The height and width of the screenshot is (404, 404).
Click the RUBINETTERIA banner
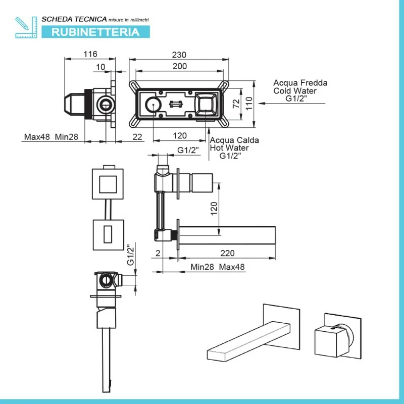(x=95, y=32)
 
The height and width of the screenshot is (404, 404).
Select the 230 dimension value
(x=179, y=55)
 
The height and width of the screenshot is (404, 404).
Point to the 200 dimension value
(x=179, y=66)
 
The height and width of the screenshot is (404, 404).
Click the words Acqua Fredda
(x=300, y=83)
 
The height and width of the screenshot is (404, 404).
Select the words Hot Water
(x=229, y=148)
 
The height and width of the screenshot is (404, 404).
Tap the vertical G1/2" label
(x=131, y=255)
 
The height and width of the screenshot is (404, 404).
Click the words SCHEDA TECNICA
(x=74, y=19)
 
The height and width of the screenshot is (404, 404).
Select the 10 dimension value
(x=100, y=67)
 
